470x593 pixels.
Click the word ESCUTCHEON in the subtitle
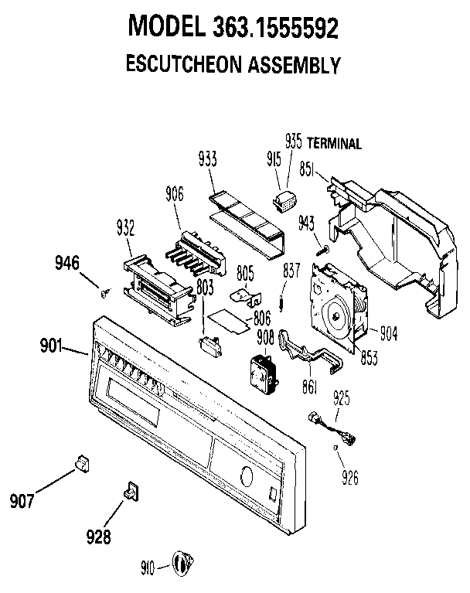tap(183, 64)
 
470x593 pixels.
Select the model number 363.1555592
tap(276, 27)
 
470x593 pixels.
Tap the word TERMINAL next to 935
tap(334, 143)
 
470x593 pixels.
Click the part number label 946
tap(67, 263)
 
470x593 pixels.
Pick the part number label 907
tap(22, 501)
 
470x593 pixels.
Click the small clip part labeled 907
tap(83, 463)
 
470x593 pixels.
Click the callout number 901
tap(51, 346)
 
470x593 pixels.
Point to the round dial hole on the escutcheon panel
tap(246, 476)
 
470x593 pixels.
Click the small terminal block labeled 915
tap(284, 201)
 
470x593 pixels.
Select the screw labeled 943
tap(322, 250)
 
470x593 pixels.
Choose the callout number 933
tap(208, 158)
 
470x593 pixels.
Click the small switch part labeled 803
tap(209, 346)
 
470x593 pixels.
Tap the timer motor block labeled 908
tap(264, 375)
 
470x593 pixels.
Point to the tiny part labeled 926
tap(335, 448)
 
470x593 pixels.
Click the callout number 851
tap(307, 169)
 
